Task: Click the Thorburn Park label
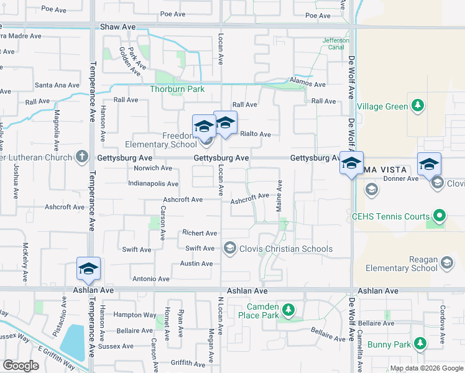[177, 89]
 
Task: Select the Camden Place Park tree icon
[288, 309]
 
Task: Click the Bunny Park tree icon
[420, 344]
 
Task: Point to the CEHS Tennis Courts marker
[440, 216]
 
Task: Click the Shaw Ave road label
[117, 27]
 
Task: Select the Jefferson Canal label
[336, 44]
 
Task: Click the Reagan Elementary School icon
[447, 264]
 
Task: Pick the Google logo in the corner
[21, 365]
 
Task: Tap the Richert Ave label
[200, 233]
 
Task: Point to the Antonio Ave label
[151, 279]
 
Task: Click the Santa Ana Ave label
[57, 85]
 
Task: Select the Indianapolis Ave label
[153, 184]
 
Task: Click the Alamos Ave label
[309, 85]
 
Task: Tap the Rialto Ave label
[256, 134]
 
